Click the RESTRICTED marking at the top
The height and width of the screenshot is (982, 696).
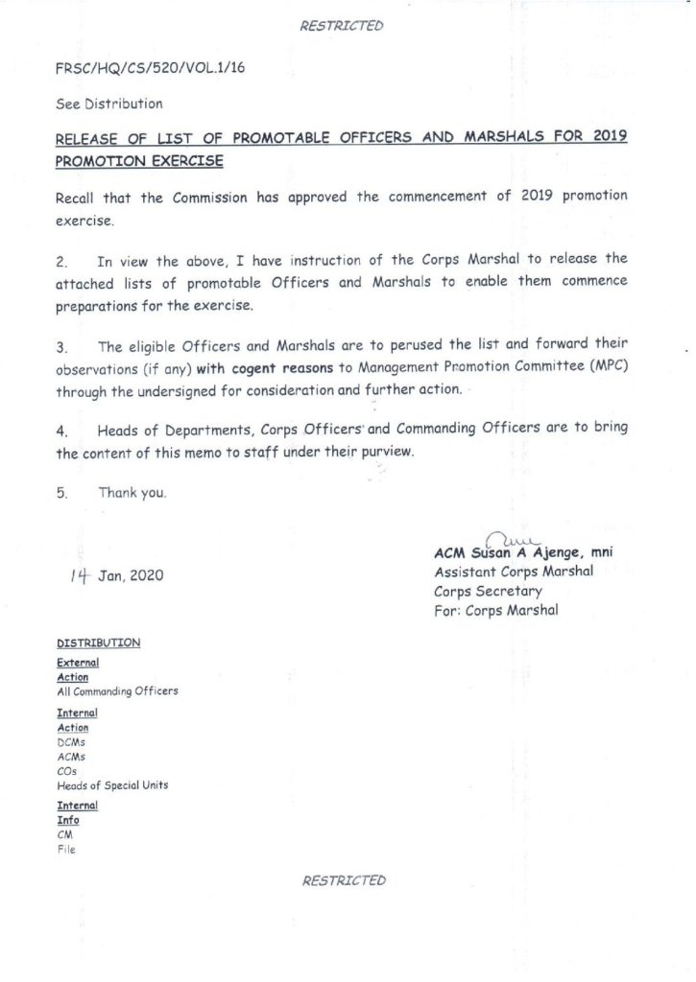coord(342,26)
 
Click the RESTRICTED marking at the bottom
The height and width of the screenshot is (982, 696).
coord(344,880)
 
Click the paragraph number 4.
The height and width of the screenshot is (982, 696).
coord(60,432)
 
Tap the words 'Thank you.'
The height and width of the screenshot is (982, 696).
coord(132,493)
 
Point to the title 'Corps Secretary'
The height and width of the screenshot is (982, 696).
coord(488,591)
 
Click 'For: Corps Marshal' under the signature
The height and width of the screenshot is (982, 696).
coord(496,610)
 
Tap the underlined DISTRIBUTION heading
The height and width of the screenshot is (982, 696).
coord(99,643)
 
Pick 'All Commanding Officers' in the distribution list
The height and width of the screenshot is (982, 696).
coord(117,690)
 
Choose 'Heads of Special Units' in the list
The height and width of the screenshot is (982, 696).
coord(112,785)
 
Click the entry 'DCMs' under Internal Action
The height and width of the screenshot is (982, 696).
coord(72,742)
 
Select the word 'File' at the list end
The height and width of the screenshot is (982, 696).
coord(66,849)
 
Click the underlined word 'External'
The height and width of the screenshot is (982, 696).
coord(78,663)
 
